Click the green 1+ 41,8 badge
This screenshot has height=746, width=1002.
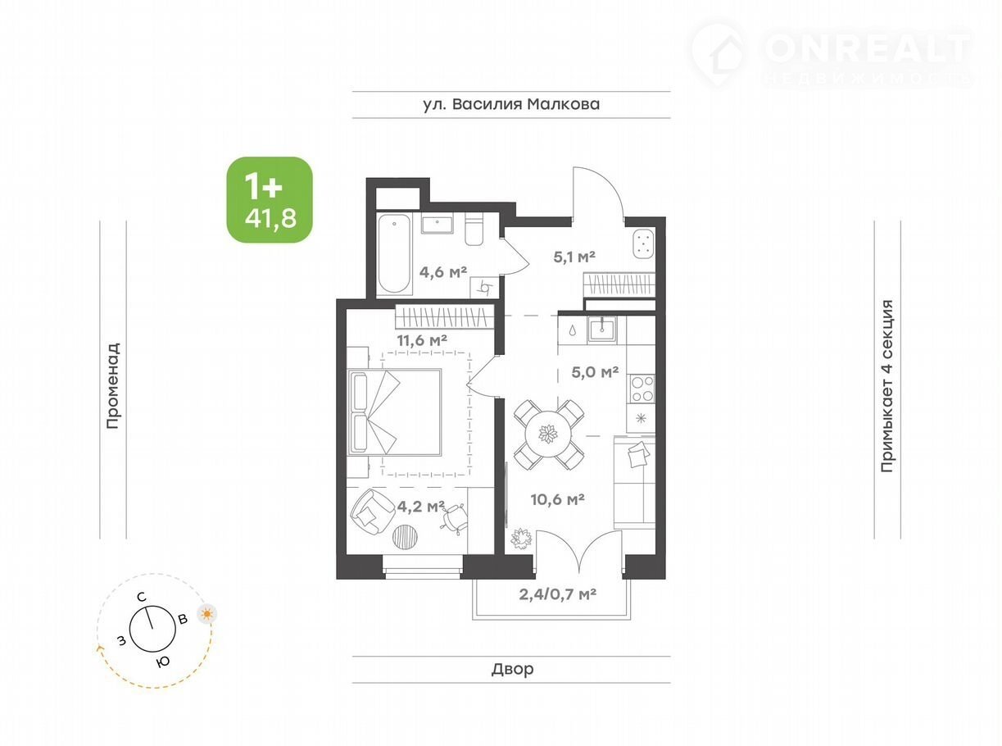270,199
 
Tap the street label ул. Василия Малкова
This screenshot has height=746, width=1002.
511,104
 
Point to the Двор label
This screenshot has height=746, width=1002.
512,669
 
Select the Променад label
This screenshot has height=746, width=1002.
113,385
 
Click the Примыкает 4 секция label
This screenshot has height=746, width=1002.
886,385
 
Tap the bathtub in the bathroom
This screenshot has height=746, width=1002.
394,253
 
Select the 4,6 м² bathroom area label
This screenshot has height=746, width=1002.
442,272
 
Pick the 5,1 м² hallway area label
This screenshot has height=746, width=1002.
574,257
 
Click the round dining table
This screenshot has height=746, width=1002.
548,434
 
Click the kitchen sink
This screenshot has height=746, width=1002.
601,329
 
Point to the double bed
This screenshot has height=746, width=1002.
394,412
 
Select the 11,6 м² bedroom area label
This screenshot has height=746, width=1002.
422,340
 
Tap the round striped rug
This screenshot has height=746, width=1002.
406,537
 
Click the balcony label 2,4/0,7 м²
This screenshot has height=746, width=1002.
557,594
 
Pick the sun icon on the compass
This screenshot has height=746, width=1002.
207,614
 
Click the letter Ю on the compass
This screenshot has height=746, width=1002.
163,662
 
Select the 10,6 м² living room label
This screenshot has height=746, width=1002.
557,499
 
